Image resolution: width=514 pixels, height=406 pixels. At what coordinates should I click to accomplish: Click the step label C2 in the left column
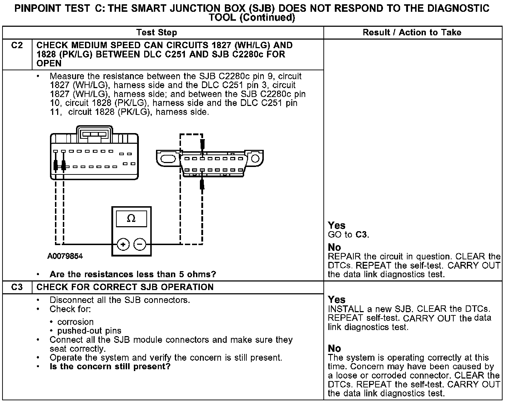(x=17, y=45)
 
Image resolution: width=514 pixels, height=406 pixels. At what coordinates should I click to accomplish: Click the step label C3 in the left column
(x=17, y=287)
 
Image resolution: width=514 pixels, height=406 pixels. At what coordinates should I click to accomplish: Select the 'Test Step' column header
(x=156, y=32)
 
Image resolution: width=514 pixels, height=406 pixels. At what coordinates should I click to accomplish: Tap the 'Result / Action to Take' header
(x=412, y=32)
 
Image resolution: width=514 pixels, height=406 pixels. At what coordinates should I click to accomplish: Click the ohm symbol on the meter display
(x=131, y=218)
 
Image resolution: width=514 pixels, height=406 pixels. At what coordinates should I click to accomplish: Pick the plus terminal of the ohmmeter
(x=123, y=244)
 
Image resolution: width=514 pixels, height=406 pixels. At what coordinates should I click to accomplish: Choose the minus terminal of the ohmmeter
(x=140, y=244)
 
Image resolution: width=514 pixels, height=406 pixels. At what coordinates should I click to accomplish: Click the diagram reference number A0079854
(x=65, y=256)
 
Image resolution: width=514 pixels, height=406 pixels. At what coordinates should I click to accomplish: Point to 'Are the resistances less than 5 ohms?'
(x=133, y=274)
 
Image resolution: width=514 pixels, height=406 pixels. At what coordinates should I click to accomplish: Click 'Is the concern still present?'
(x=110, y=366)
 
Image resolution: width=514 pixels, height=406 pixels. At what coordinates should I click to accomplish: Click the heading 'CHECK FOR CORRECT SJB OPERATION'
(x=125, y=287)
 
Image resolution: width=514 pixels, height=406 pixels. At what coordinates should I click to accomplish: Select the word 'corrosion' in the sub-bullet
(x=75, y=322)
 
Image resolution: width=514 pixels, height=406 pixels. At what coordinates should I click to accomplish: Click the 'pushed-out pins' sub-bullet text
(x=89, y=331)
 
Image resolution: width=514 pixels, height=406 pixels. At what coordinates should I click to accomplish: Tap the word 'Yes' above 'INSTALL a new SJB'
(x=337, y=299)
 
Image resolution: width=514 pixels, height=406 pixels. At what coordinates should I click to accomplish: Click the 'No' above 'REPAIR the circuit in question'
(x=334, y=247)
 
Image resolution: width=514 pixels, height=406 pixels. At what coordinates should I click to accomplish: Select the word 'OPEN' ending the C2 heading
(x=49, y=64)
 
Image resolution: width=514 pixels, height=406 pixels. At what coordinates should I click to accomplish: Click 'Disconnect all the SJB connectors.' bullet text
(x=120, y=300)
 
